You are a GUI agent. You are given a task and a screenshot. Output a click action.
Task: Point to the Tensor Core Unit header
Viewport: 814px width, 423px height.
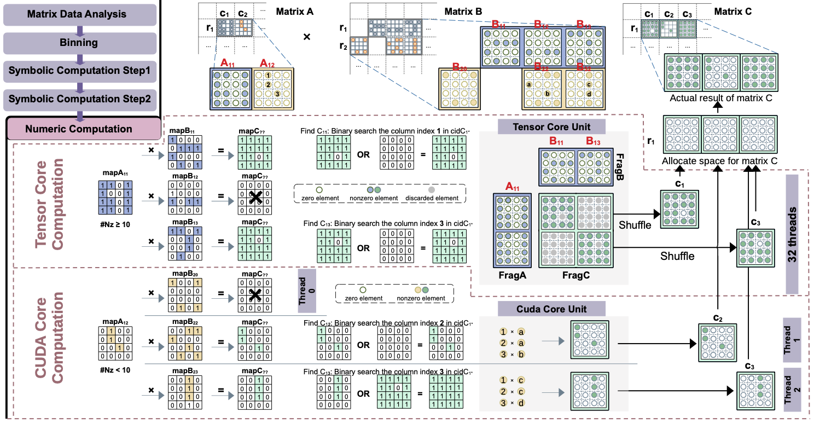tap(552, 127)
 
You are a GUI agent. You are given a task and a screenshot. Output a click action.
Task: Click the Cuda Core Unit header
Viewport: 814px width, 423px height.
tap(552, 310)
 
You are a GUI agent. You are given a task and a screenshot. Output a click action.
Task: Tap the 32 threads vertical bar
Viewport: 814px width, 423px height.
tap(799, 234)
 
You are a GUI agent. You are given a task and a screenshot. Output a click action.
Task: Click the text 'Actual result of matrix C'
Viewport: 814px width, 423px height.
tap(720, 98)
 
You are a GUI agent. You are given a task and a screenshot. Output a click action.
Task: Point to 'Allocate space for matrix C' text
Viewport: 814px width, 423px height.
tap(720, 161)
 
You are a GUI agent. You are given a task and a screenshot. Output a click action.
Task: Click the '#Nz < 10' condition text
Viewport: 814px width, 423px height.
tap(114, 370)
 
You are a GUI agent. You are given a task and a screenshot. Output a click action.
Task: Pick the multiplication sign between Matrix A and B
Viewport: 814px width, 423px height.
tap(306, 37)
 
